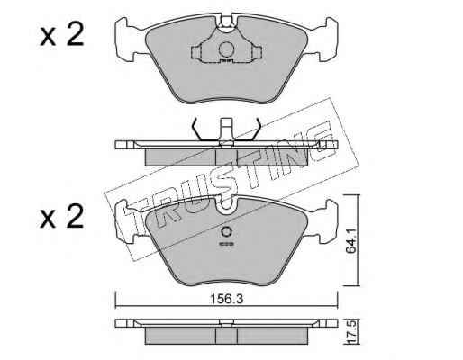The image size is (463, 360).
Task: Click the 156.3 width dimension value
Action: click(226, 299)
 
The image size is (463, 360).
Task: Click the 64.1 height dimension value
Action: click(350, 241)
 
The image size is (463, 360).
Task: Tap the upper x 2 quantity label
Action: click(61, 35)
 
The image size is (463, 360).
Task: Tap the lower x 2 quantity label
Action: click(61, 217)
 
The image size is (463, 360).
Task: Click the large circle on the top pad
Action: click(226, 49)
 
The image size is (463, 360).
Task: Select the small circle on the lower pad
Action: click(226, 232)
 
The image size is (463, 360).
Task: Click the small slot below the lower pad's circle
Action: click(226, 244)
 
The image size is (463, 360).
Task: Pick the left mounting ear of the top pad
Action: click(125, 40)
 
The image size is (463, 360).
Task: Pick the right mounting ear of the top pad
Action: click(327, 40)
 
